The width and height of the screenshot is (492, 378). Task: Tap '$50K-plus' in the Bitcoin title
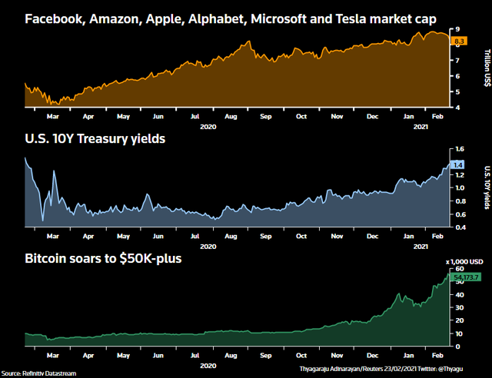[148, 259]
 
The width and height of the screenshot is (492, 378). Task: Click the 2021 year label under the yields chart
[420, 245]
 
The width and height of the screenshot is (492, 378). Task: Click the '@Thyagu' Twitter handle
[472, 373]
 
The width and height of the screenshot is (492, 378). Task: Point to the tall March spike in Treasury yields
[55, 172]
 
